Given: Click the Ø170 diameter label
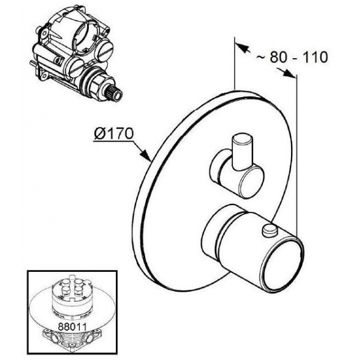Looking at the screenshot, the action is click(x=113, y=133).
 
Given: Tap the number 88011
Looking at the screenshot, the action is click(x=72, y=327).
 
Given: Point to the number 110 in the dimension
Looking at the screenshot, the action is click(x=315, y=57).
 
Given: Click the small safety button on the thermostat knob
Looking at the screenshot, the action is click(x=269, y=230).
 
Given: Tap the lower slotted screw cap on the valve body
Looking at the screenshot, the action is click(x=76, y=67).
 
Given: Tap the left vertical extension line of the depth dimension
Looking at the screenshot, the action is click(x=235, y=64).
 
